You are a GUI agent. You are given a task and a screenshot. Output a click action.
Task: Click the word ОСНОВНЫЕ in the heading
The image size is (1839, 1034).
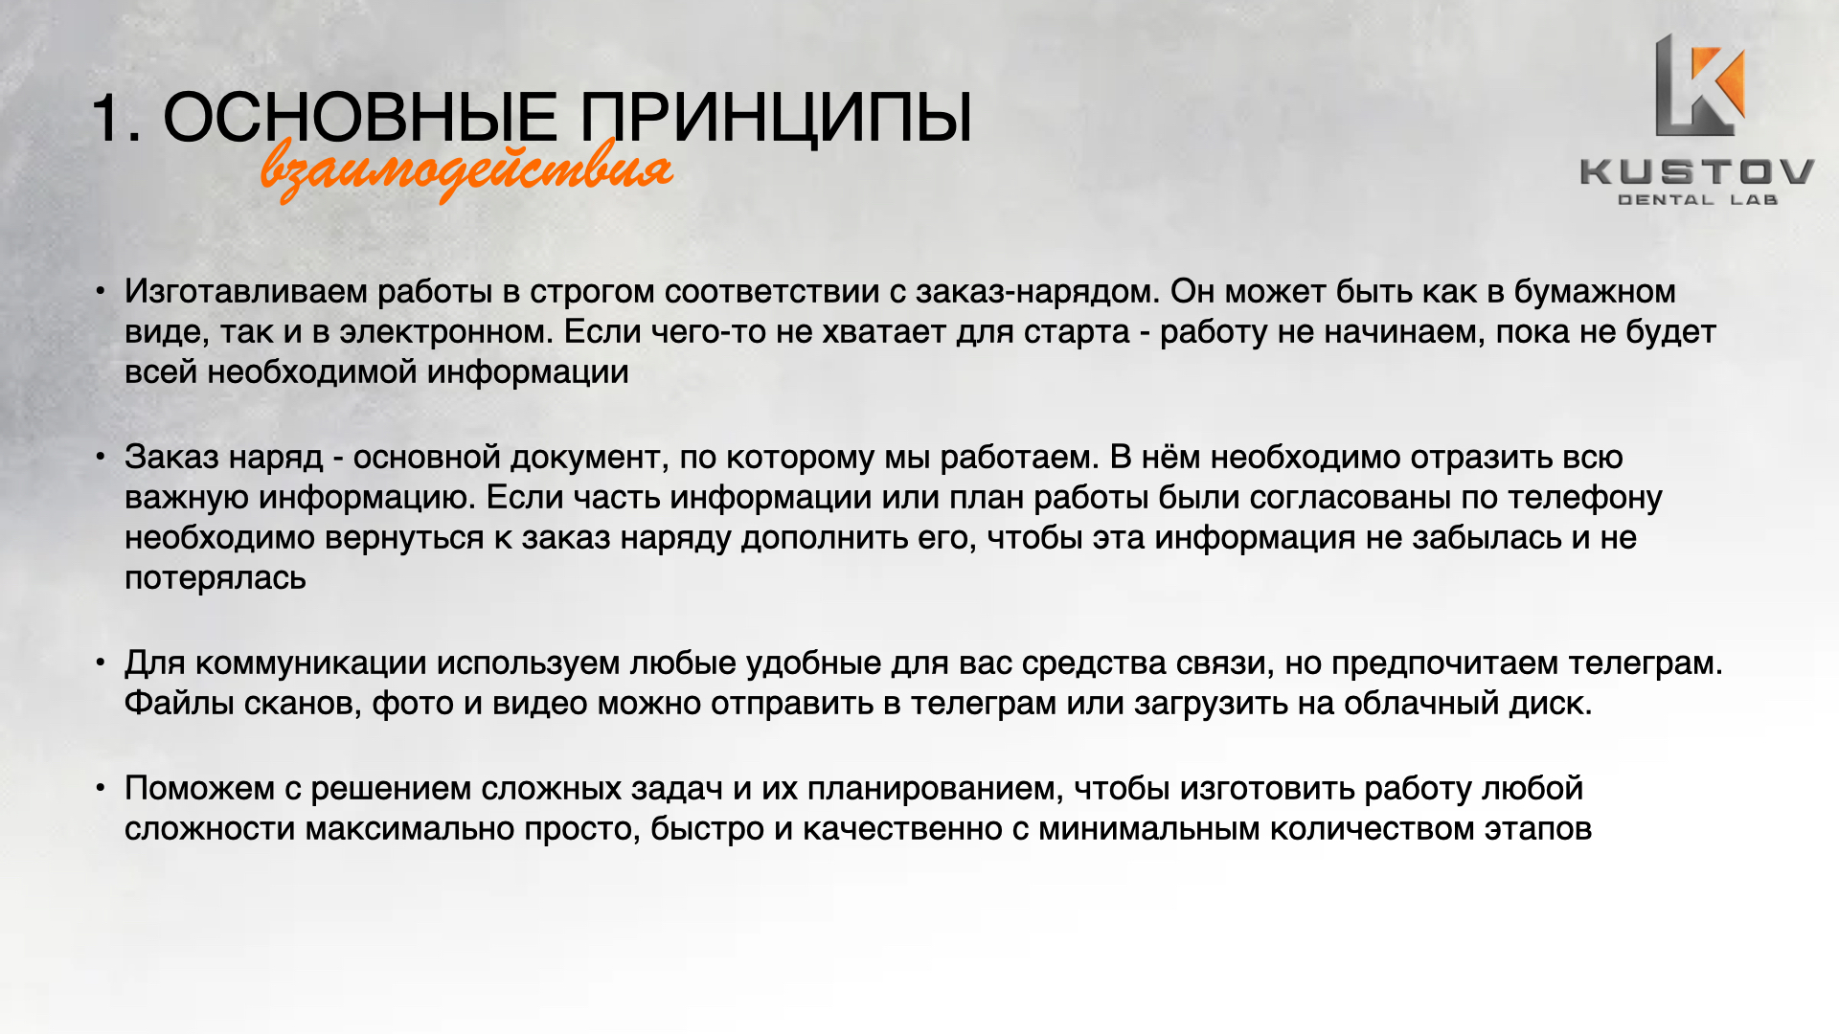tap(360, 118)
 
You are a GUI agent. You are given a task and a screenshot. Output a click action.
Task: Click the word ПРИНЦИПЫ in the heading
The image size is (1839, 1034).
tap(776, 120)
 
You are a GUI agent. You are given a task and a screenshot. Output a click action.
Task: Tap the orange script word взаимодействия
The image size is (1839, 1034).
tap(466, 170)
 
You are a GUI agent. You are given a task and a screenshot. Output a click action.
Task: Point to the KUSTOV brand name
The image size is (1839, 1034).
tap(1697, 172)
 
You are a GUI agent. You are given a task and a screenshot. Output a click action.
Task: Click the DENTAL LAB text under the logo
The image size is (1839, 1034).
tap(1697, 200)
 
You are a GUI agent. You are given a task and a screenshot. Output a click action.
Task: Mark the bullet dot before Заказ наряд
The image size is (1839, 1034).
tap(101, 457)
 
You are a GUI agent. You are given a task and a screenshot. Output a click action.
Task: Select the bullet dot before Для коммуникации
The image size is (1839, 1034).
tap(101, 663)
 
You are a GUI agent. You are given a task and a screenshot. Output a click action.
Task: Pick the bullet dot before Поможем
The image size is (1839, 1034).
tap(101, 788)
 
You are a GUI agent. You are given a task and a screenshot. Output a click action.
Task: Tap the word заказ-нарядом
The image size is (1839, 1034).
tap(1037, 292)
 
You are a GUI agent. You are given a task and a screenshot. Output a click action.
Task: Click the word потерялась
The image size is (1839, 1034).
tap(216, 579)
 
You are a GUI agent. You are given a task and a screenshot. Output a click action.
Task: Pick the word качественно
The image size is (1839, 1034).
tap(902, 829)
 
